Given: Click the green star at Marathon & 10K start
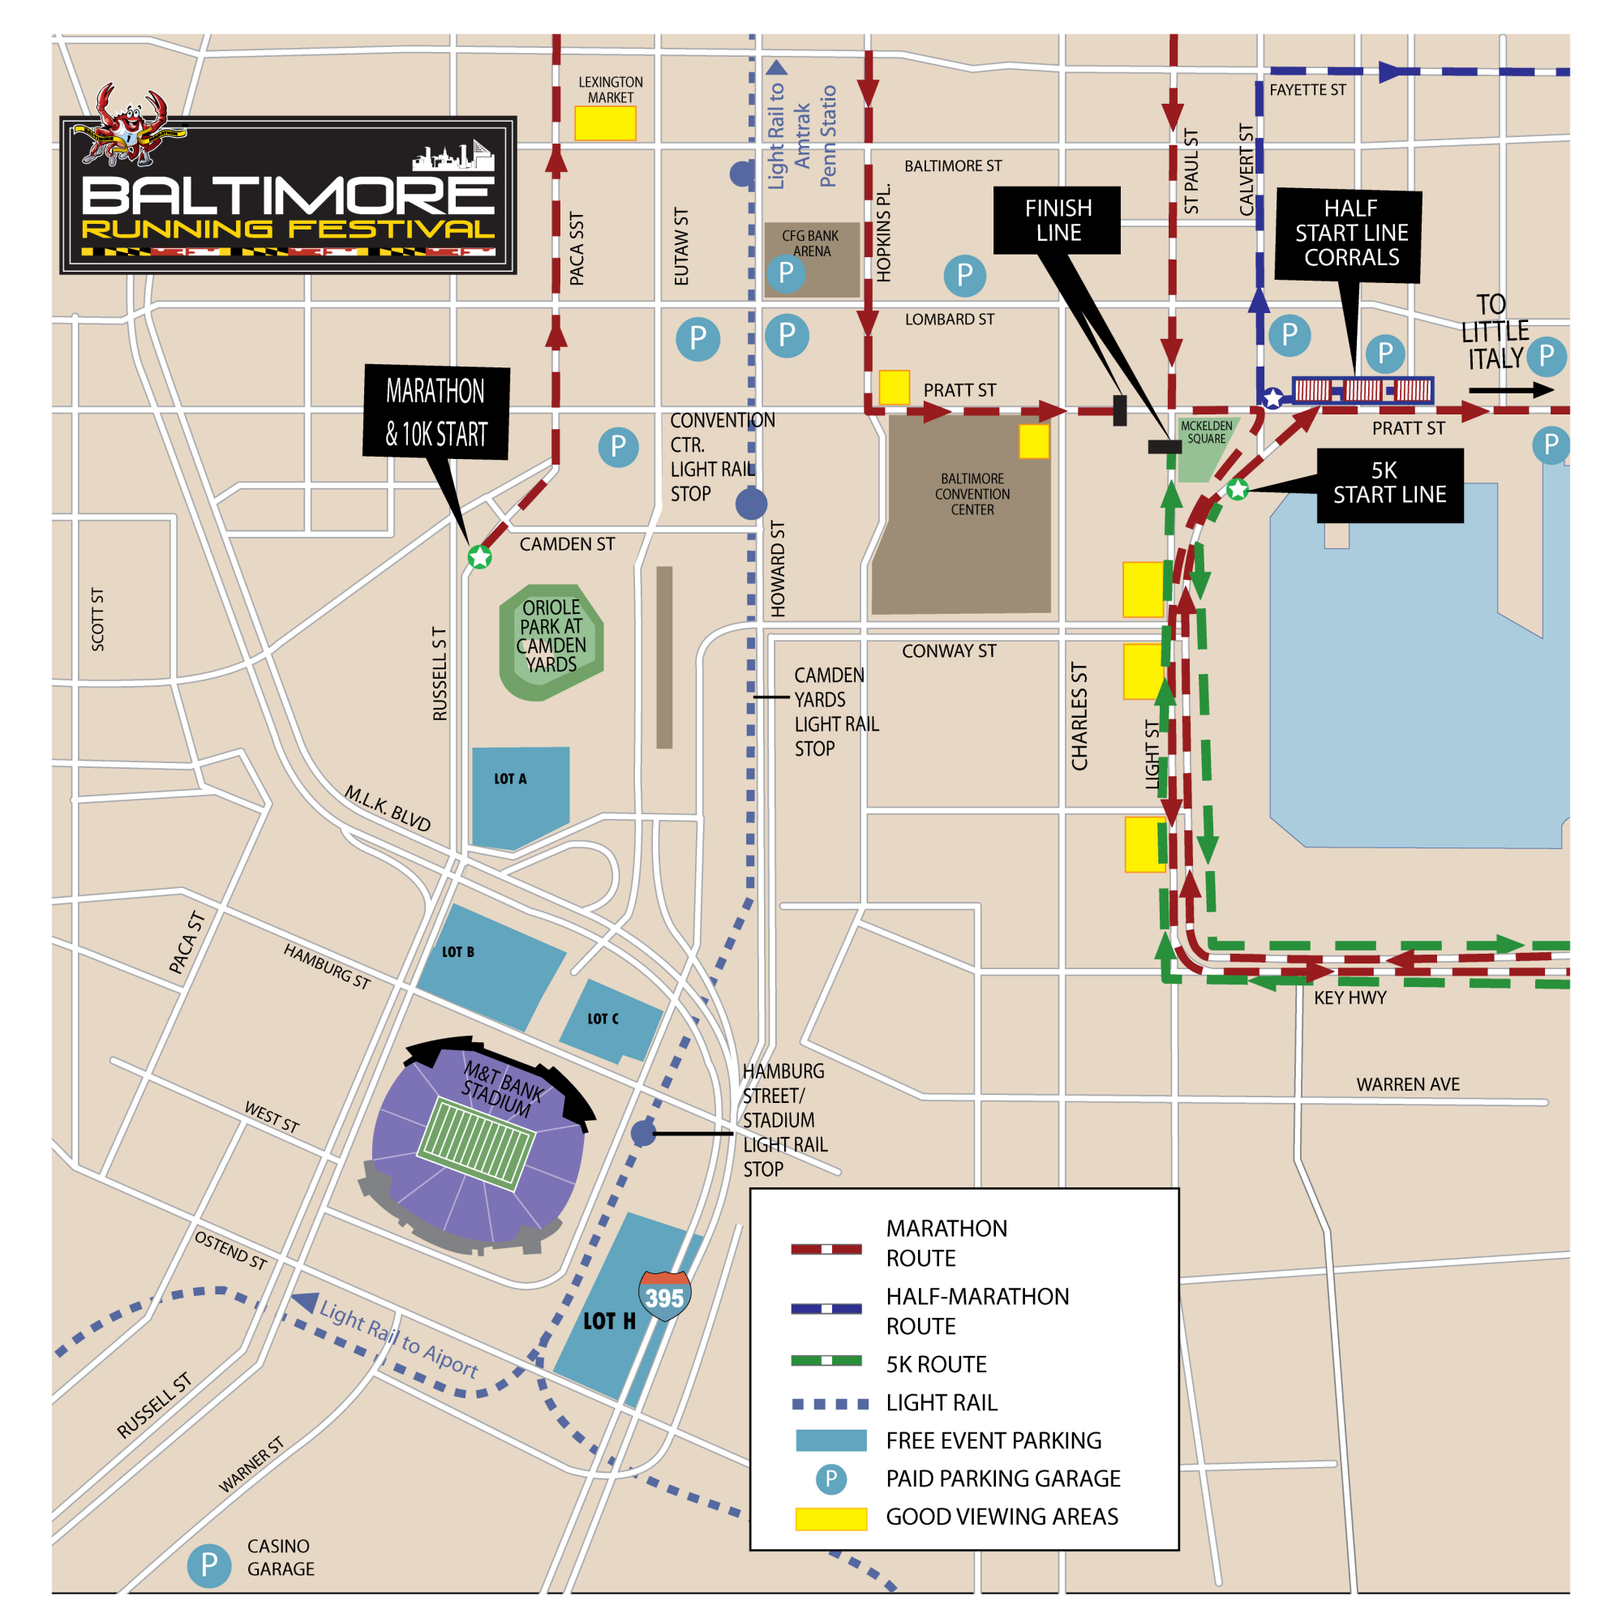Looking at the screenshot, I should point(479,556).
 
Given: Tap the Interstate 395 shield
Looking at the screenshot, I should point(664,1294).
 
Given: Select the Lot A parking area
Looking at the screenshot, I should point(521,794).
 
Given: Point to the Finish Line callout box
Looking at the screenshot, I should point(1057,220).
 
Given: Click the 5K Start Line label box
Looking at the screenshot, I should point(1389,484).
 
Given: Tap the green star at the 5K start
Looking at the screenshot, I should point(1238,490).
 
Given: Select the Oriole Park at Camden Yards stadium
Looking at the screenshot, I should point(551,642).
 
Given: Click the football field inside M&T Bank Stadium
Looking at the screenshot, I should point(476,1144).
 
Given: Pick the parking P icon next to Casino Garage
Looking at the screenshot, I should point(209,1565).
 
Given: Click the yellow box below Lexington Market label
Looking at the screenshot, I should point(604,123).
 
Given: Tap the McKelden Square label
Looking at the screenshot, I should point(1207,432).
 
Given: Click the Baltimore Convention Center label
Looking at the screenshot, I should point(972,494).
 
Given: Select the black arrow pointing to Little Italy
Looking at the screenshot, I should point(1510,390).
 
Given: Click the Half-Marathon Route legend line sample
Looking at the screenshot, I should point(826,1309).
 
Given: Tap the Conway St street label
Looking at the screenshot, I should point(949,650).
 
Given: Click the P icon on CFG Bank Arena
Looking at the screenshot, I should point(786,272).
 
